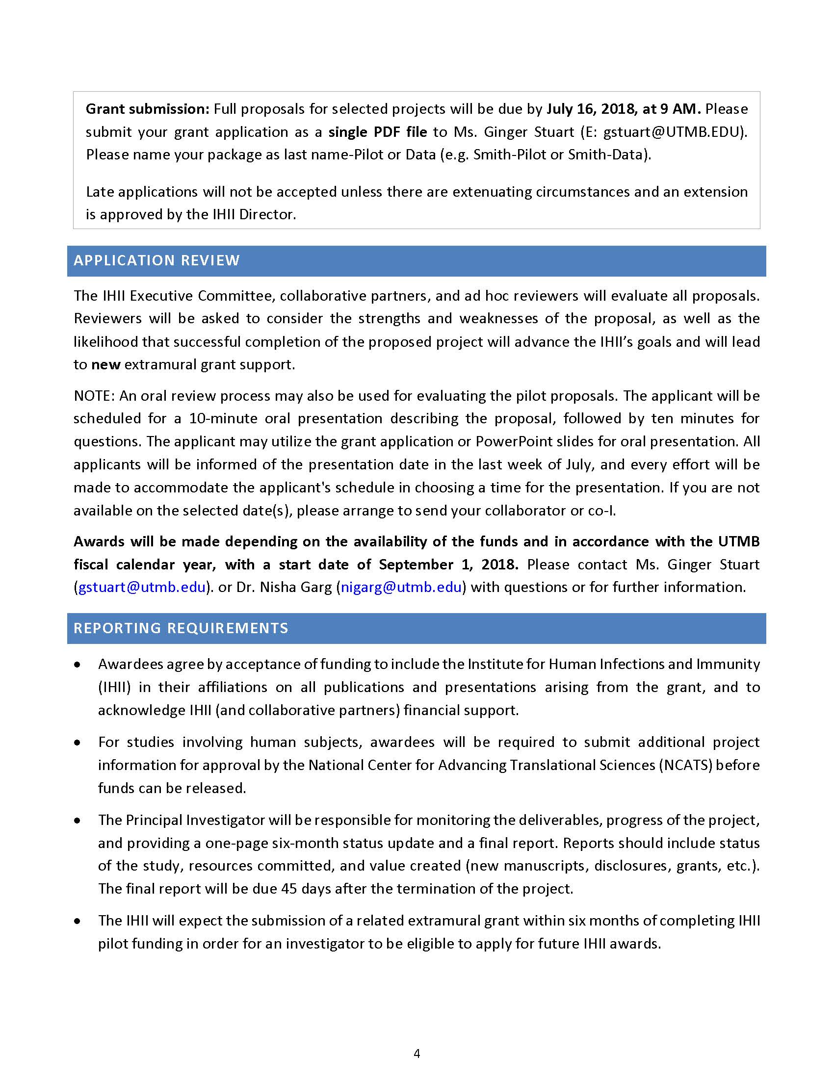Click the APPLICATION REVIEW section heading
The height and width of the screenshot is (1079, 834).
(156, 260)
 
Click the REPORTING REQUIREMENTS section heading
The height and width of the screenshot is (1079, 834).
(181, 628)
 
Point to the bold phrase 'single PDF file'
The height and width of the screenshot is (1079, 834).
(377, 132)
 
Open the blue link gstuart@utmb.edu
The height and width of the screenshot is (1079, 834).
(142, 587)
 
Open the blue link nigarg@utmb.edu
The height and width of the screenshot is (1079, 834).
(401, 587)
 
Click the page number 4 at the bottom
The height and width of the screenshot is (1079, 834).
(417, 1054)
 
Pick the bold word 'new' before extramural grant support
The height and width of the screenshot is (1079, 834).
(106, 364)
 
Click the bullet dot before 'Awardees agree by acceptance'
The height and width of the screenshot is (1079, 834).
(77, 665)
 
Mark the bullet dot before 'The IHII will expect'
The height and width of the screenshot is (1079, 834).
(77, 921)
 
